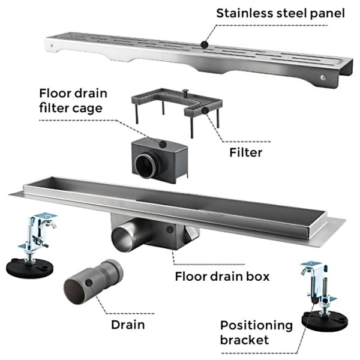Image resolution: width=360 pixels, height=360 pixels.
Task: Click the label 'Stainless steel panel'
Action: tap(280, 13)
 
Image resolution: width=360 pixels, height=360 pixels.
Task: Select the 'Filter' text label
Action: tap(246, 152)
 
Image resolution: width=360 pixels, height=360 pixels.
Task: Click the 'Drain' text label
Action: tap(127, 325)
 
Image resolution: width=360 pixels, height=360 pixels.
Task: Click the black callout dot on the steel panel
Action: tap(205, 44)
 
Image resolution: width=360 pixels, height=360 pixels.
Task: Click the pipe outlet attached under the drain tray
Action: tap(125, 233)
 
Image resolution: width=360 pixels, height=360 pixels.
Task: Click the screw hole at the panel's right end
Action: tap(323, 79)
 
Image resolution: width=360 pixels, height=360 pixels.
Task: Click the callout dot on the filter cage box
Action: tap(162, 142)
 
